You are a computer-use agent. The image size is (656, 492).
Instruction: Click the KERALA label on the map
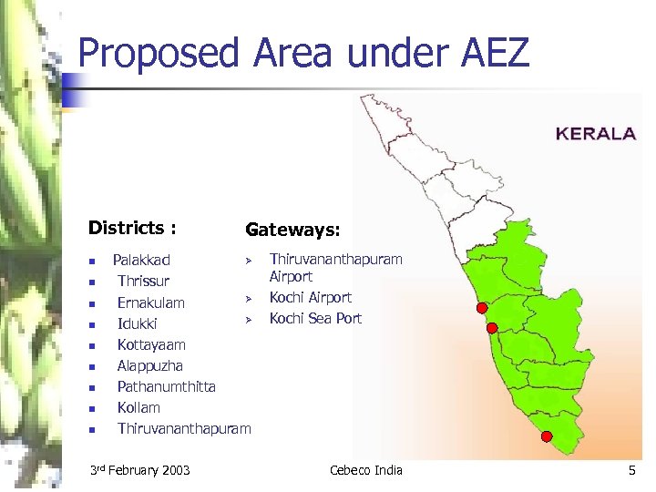click(x=596, y=133)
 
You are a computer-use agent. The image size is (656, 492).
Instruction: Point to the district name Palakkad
click(x=141, y=261)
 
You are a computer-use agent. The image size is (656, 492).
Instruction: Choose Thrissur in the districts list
click(x=143, y=282)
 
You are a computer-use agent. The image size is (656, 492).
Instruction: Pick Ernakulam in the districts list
click(x=150, y=302)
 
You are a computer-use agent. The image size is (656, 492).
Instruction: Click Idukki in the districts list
click(x=138, y=323)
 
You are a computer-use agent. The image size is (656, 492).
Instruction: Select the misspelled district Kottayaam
click(x=151, y=344)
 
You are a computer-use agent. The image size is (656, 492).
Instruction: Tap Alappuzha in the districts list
click(x=151, y=365)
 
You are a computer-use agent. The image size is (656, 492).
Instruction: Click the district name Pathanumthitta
click(x=167, y=386)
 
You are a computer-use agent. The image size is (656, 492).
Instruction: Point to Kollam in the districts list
click(x=138, y=407)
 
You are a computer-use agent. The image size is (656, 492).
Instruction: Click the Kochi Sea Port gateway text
click(x=315, y=318)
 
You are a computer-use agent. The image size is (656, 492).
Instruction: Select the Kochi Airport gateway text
click(x=311, y=297)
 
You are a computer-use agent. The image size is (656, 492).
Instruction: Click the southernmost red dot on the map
click(x=547, y=436)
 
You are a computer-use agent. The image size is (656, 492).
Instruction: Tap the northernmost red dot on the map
click(x=482, y=308)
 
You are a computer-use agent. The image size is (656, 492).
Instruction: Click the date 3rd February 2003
click(x=140, y=470)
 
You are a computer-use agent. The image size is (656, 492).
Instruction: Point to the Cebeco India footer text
click(x=365, y=470)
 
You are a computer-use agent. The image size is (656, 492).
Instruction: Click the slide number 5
click(x=631, y=470)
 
